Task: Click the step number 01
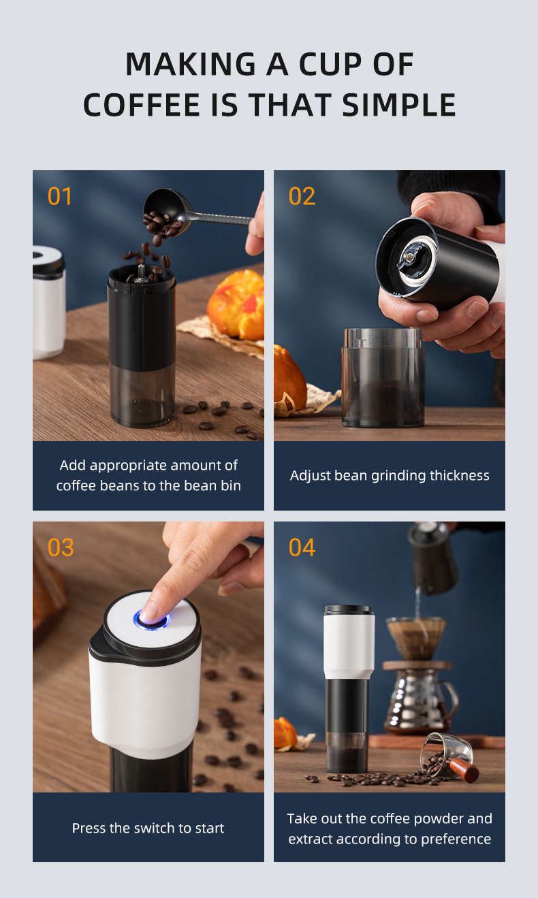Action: point(60,196)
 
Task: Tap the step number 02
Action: point(302,196)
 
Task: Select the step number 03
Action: point(61,547)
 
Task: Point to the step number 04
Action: point(302,547)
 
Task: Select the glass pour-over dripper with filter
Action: point(416,637)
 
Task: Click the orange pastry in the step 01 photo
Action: point(236,304)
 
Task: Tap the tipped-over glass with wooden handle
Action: point(450,756)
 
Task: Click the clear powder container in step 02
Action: point(383,378)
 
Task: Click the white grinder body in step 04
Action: point(349,640)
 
